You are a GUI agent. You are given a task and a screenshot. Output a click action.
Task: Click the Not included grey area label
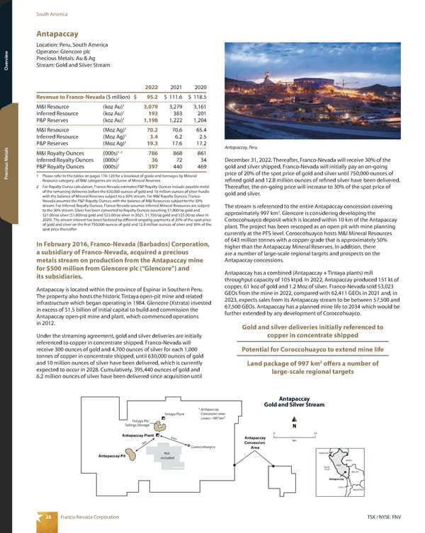coord(168,457)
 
